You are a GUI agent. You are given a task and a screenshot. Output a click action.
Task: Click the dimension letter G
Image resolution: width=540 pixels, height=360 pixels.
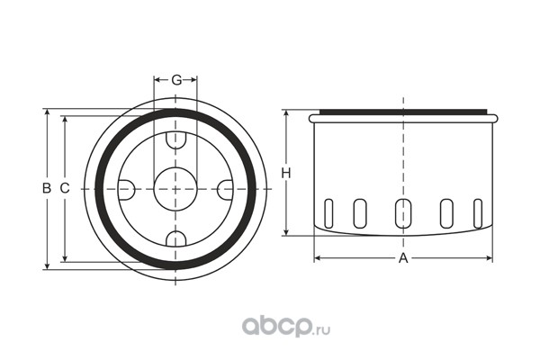(x=176, y=80)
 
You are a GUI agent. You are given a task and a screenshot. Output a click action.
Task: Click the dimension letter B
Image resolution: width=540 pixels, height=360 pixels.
(x=47, y=188)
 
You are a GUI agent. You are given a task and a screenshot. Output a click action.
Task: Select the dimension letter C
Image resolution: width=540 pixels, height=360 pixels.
(x=65, y=188)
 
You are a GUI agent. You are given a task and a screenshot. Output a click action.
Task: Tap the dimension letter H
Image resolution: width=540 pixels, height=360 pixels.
(x=286, y=173)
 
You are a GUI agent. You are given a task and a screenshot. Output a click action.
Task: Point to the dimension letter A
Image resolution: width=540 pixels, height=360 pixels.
(x=403, y=258)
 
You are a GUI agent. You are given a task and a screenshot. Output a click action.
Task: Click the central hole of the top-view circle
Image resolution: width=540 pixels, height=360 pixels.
(x=175, y=189)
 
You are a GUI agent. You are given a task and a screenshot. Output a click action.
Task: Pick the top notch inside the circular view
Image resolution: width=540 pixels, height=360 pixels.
(x=175, y=140)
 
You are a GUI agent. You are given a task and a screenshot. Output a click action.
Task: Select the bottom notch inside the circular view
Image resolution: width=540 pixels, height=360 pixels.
(x=175, y=239)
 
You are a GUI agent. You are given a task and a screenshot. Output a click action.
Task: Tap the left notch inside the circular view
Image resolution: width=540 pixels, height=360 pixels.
(x=126, y=190)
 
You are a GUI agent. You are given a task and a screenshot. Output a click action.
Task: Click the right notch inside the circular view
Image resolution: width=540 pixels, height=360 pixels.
(x=225, y=190)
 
